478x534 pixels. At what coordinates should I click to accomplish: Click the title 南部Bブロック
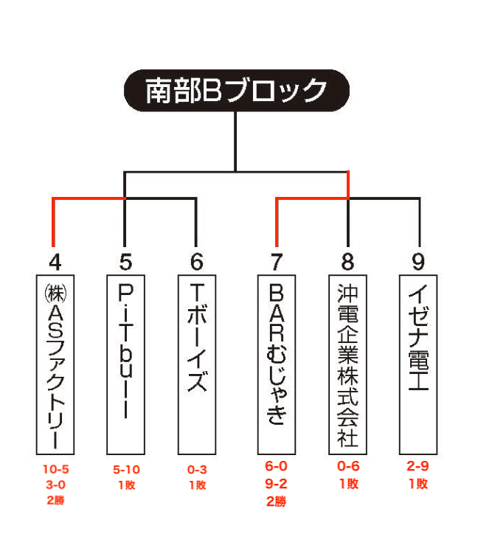(237, 91)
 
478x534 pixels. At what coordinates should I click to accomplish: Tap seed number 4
(55, 262)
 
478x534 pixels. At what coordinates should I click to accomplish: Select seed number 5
(125, 262)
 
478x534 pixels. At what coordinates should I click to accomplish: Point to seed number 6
(196, 262)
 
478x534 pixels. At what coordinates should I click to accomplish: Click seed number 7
(277, 262)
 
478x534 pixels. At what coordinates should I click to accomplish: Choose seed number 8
(347, 262)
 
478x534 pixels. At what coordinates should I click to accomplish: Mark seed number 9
(418, 262)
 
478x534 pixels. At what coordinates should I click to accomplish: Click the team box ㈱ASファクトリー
(55, 364)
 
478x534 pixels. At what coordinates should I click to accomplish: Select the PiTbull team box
(125, 364)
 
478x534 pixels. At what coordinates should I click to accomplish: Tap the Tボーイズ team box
(197, 364)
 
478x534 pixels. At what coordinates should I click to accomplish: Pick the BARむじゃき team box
(277, 364)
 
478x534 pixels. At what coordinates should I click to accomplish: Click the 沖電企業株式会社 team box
(347, 364)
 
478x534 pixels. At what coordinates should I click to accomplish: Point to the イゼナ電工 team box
(418, 364)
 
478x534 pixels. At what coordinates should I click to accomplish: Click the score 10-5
(55, 469)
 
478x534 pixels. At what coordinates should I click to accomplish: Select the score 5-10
(126, 470)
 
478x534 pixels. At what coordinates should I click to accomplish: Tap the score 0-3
(197, 470)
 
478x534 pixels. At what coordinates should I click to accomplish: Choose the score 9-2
(276, 484)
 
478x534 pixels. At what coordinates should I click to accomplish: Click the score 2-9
(418, 466)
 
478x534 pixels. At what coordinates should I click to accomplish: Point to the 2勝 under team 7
(277, 502)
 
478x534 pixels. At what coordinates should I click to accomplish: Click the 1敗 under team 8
(348, 484)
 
